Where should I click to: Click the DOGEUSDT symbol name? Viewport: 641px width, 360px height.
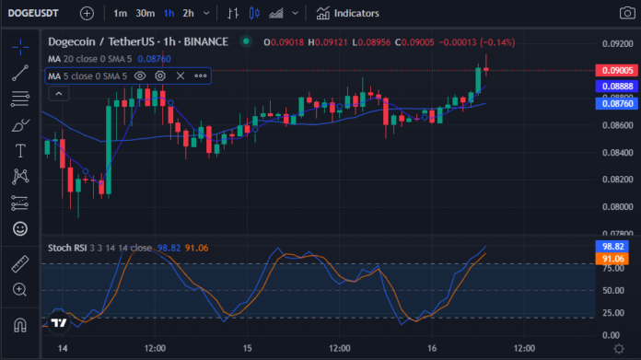click(x=33, y=14)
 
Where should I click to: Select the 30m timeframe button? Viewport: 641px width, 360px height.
click(x=146, y=14)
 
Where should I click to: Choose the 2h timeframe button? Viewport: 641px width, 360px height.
click(x=188, y=14)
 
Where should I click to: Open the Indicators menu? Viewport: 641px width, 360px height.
click(x=347, y=14)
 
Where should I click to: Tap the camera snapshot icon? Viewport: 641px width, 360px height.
click(x=627, y=13)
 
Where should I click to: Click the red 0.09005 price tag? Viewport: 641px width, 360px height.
click(x=617, y=70)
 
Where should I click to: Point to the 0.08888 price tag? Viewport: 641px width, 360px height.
click(x=617, y=87)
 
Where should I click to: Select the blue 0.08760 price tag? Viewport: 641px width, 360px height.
click(x=617, y=103)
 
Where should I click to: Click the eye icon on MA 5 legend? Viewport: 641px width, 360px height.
click(x=140, y=76)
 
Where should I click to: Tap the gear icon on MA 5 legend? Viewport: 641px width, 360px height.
click(x=160, y=76)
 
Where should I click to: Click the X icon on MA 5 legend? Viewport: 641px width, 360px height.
click(x=181, y=76)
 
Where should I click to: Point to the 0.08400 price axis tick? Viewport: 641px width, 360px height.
click(x=618, y=153)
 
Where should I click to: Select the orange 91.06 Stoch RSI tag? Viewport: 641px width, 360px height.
click(x=612, y=259)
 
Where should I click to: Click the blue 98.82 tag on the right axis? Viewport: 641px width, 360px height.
click(x=612, y=247)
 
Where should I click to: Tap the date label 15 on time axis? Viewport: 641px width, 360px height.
click(x=247, y=349)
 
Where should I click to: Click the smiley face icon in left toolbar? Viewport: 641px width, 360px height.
click(x=20, y=228)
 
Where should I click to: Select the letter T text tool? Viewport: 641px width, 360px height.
click(x=20, y=151)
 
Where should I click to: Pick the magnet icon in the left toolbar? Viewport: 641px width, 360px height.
click(x=20, y=325)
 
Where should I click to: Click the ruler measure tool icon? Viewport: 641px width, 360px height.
click(x=20, y=264)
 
